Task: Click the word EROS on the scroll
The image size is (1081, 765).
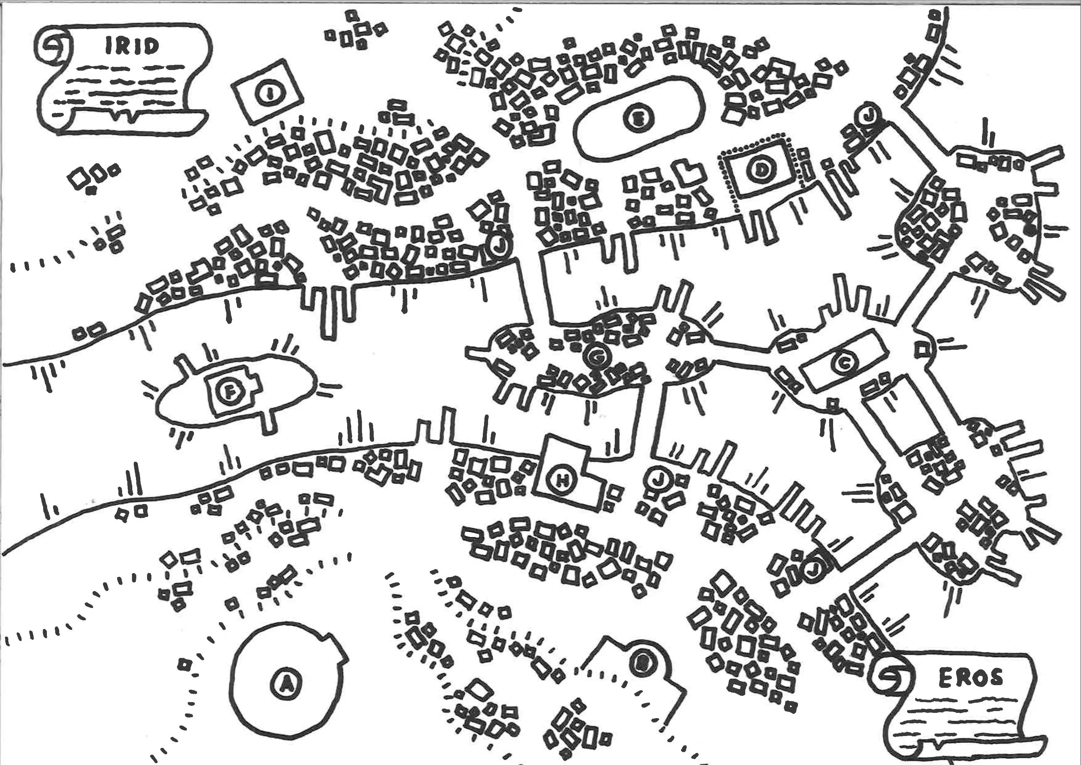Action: [970, 678]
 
